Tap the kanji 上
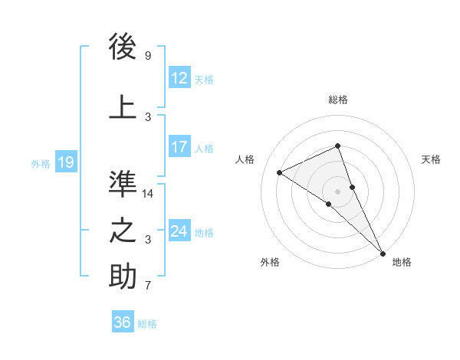click(x=123, y=106)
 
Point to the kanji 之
click(x=123, y=231)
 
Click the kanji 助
click(x=123, y=277)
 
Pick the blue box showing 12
click(x=179, y=78)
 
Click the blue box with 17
click(x=179, y=147)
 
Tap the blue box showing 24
click(x=179, y=231)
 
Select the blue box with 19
click(x=65, y=162)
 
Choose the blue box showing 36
click(x=122, y=322)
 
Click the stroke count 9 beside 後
click(x=148, y=56)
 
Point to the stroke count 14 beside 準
click(x=148, y=194)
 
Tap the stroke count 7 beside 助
click(x=148, y=286)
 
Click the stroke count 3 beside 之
click(x=148, y=240)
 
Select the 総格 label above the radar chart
click(x=338, y=100)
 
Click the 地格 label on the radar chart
click(x=402, y=262)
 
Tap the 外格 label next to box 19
click(x=41, y=163)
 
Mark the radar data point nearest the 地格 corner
click(x=383, y=252)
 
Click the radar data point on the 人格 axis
click(x=280, y=172)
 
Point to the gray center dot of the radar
click(x=338, y=191)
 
